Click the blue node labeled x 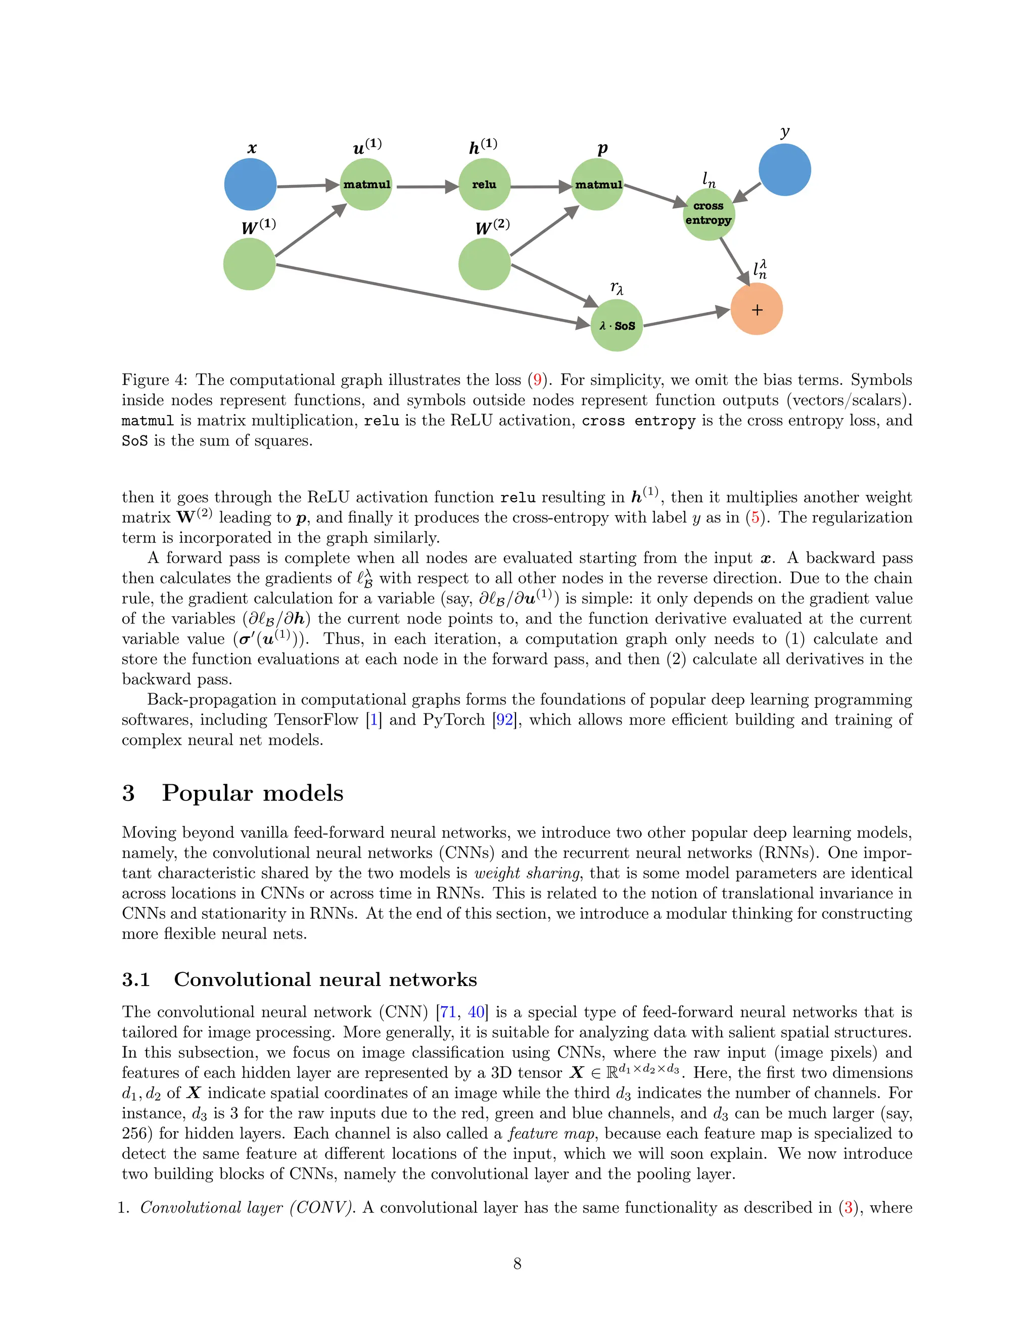(x=250, y=184)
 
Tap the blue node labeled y (x=784, y=170)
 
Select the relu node (x=484, y=184)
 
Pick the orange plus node (x=757, y=309)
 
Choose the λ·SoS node (x=617, y=325)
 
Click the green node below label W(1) (x=249, y=264)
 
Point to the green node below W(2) (x=484, y=264)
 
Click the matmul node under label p (x=598, y=184)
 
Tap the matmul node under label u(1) (x=366, y=184)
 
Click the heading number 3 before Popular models (x=128, y=793)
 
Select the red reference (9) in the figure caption (x=538, y=380)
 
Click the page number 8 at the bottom (x=517, y=1263)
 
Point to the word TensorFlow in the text (x=316, y=720)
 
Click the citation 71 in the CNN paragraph (x=448, y=1012)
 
